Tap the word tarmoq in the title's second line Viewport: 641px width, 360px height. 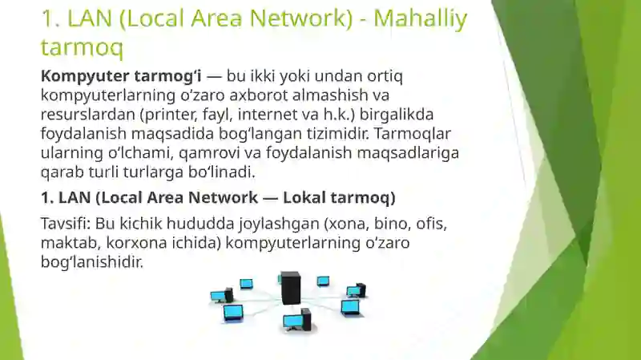coord(83,48)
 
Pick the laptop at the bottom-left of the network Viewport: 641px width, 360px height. coord(232,312)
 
